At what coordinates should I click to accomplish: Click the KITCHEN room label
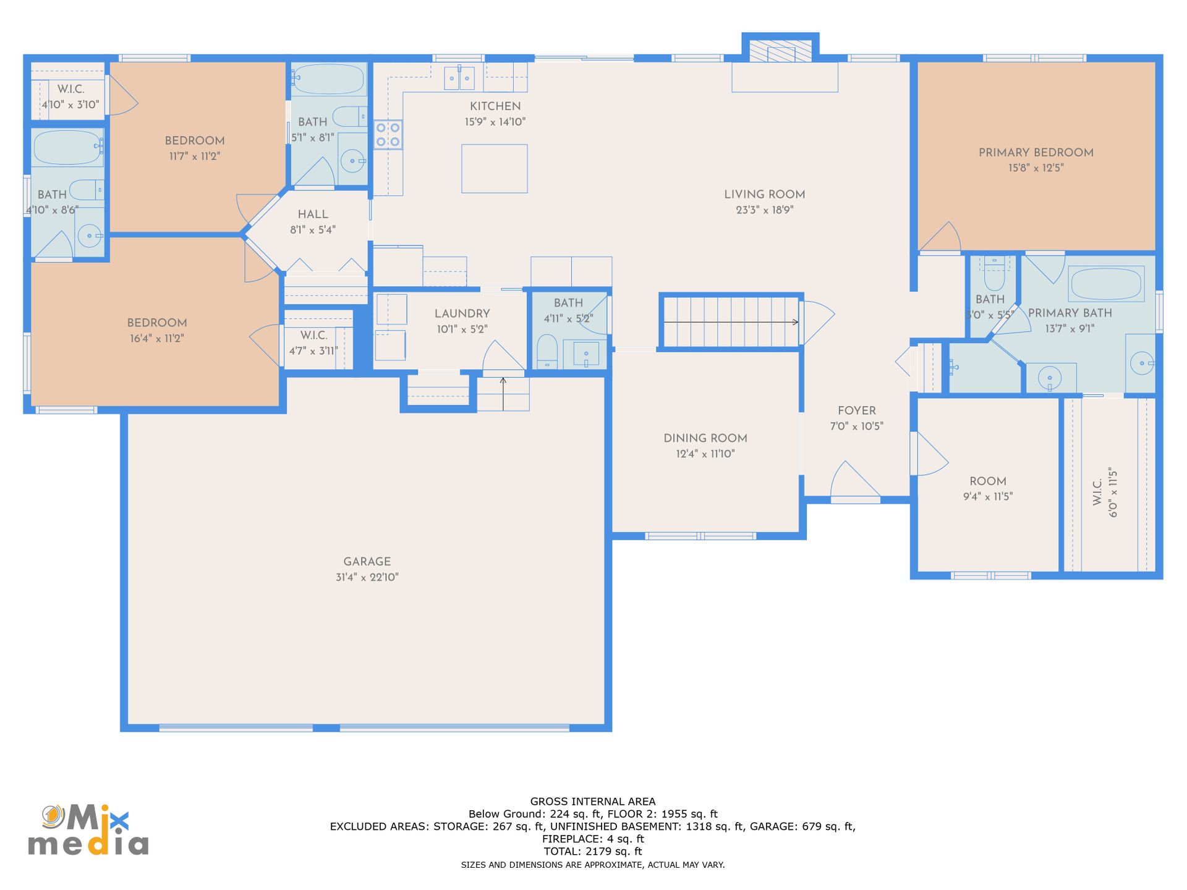click(x=495, y=106)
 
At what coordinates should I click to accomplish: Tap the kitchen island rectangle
click(x=495, y=169)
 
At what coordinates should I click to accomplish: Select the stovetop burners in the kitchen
click(x=388, y=135)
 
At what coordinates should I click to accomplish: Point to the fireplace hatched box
click(x=780, y=51)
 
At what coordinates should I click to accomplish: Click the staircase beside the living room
click(x=731, y=322)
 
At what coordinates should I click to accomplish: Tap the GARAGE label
click(x=367, y=562)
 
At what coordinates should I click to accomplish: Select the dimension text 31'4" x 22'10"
click(x=367, y=577)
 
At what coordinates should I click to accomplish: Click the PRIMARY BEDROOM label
click(x=1036, y=153)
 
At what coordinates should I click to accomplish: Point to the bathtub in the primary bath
click(x=1106, y=284)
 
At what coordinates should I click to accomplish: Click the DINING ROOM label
click(x=705, y=438)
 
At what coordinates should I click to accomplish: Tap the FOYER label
click(x=857, y=411)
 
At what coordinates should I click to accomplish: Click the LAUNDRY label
click(x=462, y=314)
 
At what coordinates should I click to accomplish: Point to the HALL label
click(x=313, y=214)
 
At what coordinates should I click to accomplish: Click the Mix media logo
click(x=88, y=830)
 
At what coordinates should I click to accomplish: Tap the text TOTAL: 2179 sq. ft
click(x=593, y=852)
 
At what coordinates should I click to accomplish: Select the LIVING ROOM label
click(x=765, y=195)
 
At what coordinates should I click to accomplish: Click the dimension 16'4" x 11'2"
click(x=157, y=339)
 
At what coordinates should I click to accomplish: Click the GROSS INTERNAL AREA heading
click(x=593, y=802)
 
